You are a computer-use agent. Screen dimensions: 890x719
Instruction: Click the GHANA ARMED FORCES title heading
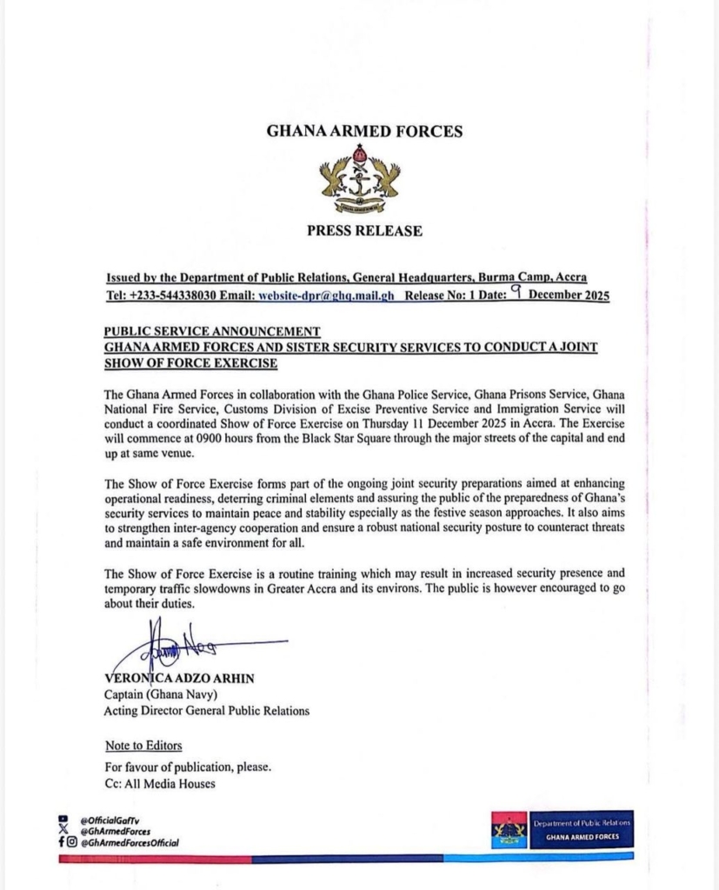click(363, 132)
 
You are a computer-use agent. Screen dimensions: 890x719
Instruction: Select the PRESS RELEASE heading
click(364, 231)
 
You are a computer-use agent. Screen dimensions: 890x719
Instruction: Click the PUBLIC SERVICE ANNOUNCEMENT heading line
click(211, 331)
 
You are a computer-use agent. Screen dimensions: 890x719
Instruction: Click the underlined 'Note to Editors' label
click(143, 746)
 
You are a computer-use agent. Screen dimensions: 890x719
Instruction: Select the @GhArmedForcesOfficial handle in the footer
click(130, 842)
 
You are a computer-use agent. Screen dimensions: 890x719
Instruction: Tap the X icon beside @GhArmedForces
click(63, 831)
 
